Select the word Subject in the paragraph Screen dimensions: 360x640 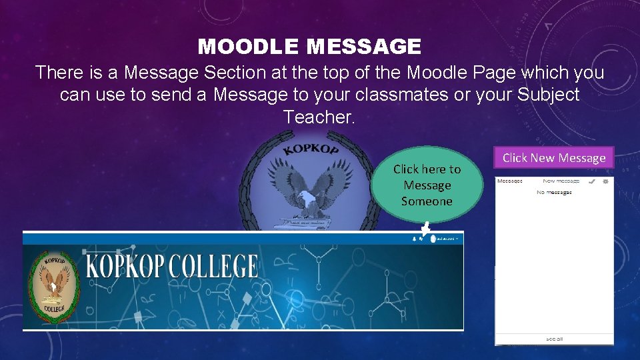546,95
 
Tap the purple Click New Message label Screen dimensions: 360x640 553,157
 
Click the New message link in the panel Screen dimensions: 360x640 561,181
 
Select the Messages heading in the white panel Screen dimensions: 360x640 511,181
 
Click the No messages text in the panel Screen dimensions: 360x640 554,192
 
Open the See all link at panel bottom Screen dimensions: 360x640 554,339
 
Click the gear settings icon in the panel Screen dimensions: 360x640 605,181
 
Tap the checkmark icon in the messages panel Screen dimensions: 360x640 592,181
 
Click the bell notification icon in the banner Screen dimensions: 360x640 415,238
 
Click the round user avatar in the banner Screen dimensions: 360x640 433,238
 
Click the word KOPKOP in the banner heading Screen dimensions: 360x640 126,266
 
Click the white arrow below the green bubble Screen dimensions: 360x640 425,231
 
